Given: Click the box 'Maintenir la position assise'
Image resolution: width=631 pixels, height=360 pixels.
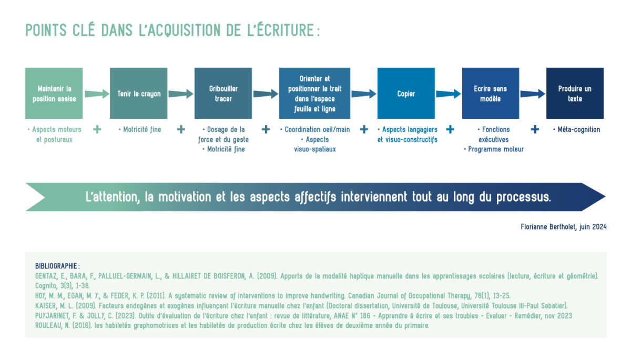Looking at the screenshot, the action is tap(54, 93).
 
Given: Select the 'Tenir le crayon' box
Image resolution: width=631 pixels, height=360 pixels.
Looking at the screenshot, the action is tap(139, 93).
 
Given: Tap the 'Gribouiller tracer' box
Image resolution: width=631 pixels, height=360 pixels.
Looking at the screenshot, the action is tap(223, 93).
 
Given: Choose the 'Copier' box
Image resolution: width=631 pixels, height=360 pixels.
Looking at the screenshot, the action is tap(406, 93).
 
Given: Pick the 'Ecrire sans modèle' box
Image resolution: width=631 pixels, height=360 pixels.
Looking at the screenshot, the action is tap(491, 93).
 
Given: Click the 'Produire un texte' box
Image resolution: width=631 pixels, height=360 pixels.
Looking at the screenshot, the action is tap(575, 93).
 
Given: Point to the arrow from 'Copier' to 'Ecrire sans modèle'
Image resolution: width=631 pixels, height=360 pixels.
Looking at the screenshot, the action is tap(449, 94).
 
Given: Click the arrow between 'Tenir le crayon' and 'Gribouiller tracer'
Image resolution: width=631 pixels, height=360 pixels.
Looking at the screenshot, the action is tap(181, 94).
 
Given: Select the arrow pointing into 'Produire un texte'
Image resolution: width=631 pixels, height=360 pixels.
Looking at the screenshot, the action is tap(533, 94).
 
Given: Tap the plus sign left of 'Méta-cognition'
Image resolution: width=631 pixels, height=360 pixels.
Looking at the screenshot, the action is tap(535, 129).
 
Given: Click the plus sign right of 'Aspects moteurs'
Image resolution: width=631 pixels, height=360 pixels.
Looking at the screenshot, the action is tap(97, 129).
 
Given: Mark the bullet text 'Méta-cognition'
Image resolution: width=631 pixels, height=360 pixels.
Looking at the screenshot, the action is tap(577, 129).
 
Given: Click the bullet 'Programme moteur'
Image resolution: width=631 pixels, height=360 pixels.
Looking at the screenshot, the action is tap(494, 149).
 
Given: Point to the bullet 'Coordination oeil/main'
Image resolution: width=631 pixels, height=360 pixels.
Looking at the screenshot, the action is tap(315, 129).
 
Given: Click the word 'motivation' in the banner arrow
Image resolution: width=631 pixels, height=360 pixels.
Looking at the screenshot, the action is tap(185, 197).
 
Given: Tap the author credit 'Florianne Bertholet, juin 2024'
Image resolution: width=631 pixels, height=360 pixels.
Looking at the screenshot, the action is tap(564, 227).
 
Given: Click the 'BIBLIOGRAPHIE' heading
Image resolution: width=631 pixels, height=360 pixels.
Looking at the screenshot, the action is tap(56, 266).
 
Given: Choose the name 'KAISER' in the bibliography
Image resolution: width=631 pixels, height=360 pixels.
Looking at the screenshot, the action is tap(46, 306).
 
